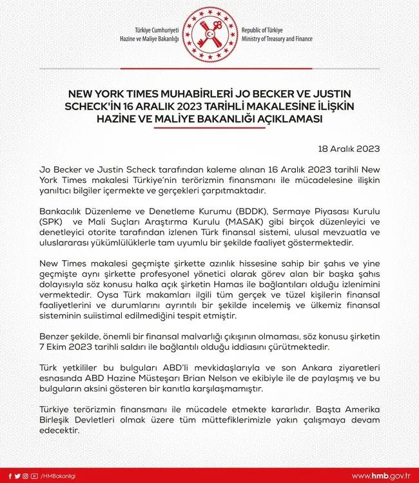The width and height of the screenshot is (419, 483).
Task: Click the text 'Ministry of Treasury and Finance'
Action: click(277, 39)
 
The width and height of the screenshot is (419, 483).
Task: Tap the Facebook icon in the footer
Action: click(7, 475)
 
